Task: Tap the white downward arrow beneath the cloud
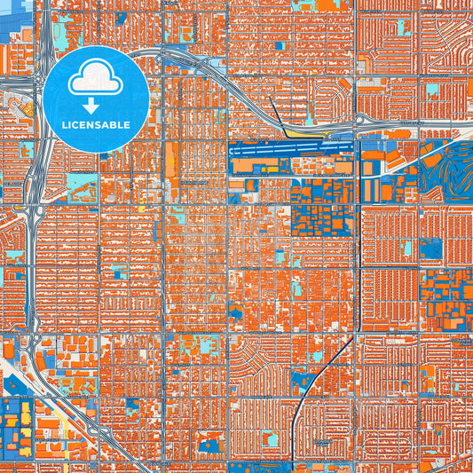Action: [x=97, y=105]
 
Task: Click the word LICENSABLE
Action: [x=97, y=125]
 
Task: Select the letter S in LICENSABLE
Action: [x=106, y=125]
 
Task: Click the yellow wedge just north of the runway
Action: [x=329, y=134]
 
